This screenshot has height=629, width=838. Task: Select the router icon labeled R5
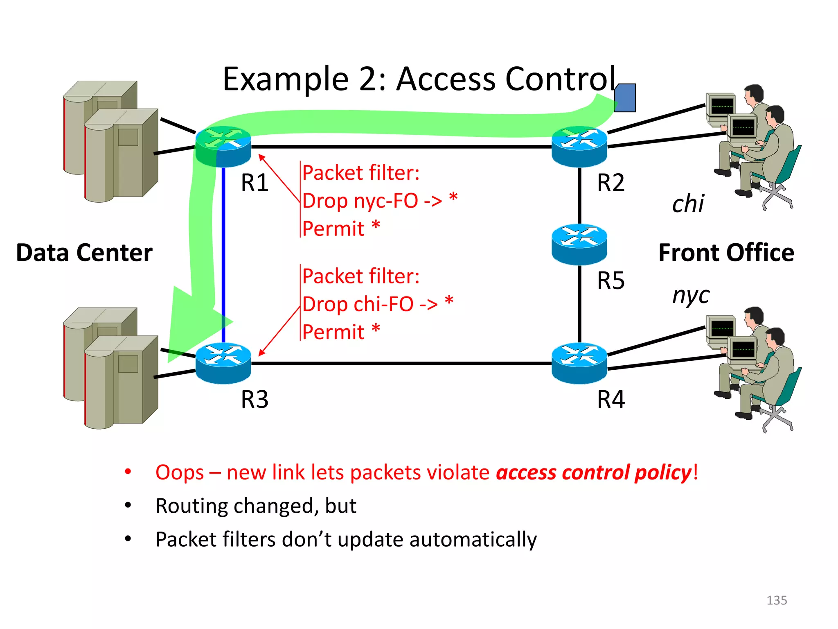pyautogui.click(x=579, y=244)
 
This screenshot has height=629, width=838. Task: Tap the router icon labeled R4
pyautogui.click(x=579, y=363)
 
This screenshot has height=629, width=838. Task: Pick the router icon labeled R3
pyautogui.click(x=223, y=363)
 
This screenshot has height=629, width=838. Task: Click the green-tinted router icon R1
pyautogui.click(x=223, y=147)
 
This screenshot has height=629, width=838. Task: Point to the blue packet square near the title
pyautogui.click(x=625, y=98)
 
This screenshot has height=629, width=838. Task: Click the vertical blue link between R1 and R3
pyautogui.click(x=223, y=246)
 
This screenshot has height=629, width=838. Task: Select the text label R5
pyautogui.click(x=610, y=281)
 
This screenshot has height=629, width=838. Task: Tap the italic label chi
pyautogui.click(x=688, y=204)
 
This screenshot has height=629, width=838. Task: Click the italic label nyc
pyautogui.click(x=691, y=295)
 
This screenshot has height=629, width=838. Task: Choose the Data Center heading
pyautogui.click(x=84, y=252)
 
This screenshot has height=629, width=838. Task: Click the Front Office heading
pyautogui.click(x=726, y=252)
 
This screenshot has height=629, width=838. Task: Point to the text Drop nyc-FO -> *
pyautogui.click(x=379, y=201)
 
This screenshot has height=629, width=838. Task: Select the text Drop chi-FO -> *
pyautogui.click(x=377, y=304)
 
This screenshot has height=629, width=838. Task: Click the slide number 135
pyautogui.click(x=776, y=600)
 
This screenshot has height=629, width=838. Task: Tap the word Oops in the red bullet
pyautogui.click(x=179, y=472)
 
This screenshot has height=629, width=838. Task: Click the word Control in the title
pyautogui.click(x=561, y=79)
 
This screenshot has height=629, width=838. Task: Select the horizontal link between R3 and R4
pyautogui.click(x=401, y=363)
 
